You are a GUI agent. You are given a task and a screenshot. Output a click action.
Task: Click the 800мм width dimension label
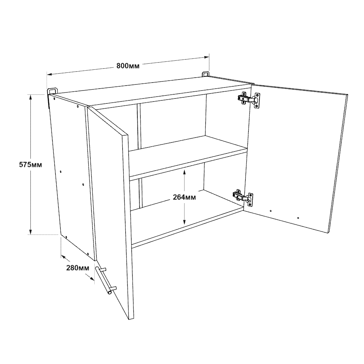(x=128, y=66)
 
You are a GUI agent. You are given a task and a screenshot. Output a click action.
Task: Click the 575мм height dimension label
(x=30, y=165)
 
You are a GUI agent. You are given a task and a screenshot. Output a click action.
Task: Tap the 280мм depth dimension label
(x=78, y=268)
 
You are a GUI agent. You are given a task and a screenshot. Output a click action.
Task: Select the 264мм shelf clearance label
(x=184, y=197)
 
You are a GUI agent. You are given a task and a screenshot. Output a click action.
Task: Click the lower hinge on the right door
(x=243, y=198)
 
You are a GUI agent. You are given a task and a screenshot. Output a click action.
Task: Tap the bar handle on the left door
(x=106, y=280)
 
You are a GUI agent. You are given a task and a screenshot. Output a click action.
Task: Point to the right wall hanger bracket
(x=206, y=74)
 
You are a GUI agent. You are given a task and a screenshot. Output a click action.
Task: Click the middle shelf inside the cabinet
(x=188, y=158)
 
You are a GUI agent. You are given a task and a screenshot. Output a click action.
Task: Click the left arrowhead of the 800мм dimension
(x=50, y=74)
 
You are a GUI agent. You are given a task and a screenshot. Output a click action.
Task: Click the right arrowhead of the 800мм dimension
(x=206, y=57)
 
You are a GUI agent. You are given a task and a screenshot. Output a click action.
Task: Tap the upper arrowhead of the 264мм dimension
(x=184, y=172)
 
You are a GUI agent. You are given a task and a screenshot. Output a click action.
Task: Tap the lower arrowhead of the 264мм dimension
(x=184, y=222)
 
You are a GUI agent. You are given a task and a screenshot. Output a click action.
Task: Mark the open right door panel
(x=296, y=159)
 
